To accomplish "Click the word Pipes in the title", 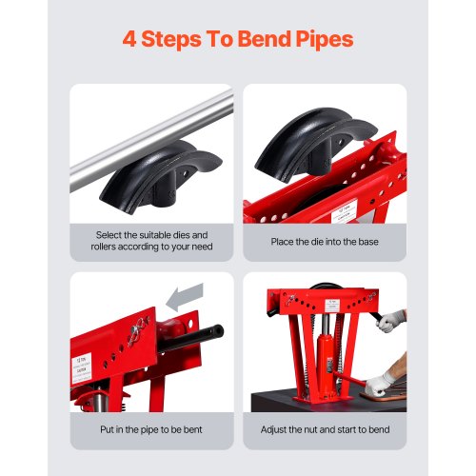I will pyautogui.click(x=318, y=40).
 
